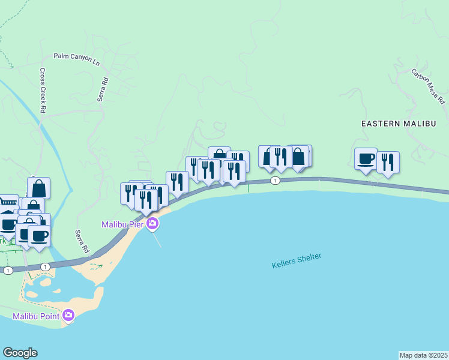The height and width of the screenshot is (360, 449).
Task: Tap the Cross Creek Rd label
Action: pos(43,90)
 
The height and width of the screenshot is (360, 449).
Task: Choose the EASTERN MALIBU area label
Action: pos(398,123)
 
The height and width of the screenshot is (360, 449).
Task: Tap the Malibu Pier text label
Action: pos(122,224)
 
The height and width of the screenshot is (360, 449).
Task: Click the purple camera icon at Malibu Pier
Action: pos(152,224)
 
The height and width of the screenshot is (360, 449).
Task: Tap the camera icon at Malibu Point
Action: pos(68,315)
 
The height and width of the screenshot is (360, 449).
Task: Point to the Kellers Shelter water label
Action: pos(297,260)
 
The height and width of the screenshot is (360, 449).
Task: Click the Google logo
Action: pos(20,353)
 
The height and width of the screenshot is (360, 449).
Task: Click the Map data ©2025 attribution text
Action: pos(423,355)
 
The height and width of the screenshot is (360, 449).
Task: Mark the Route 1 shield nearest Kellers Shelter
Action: pos(275,181)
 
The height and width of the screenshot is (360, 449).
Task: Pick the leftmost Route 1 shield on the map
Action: pos(7,271)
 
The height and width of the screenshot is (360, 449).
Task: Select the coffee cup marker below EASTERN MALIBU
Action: pos(366,159)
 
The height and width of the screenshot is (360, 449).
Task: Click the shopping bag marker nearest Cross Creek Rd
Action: pos(38,188)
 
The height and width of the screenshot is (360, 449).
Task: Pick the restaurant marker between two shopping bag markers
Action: pos(281,157)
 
